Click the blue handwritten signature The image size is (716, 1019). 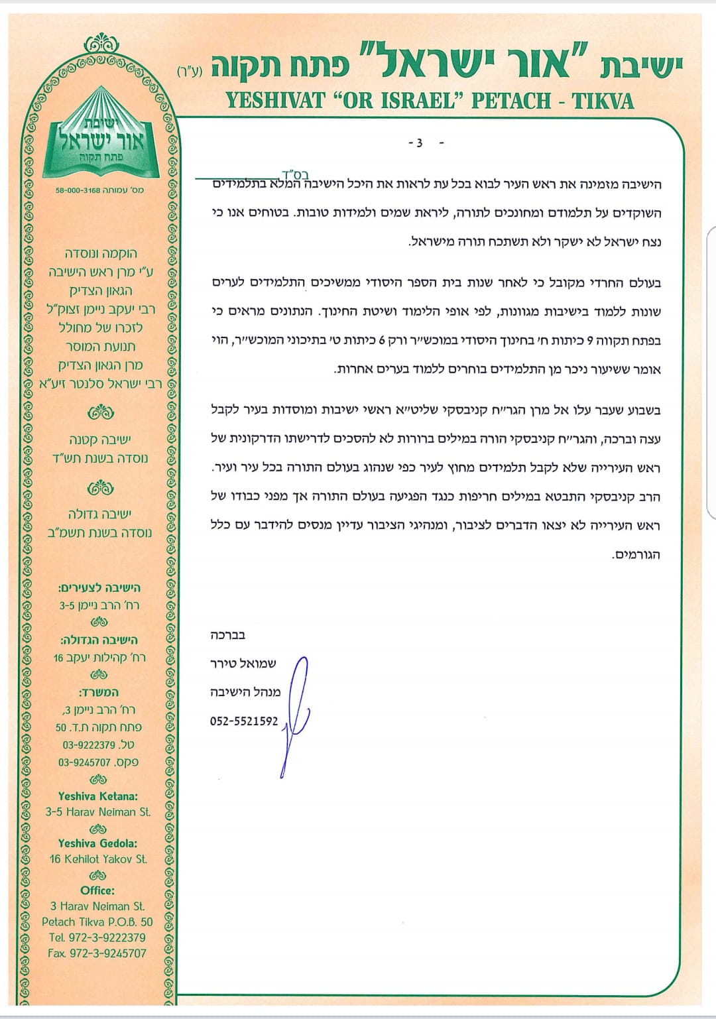click(296, 713)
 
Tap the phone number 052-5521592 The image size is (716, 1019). click(244, 721)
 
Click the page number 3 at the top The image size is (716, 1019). click(418, 143)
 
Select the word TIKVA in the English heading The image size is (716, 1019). click(603, 101)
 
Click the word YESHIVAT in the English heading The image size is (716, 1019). click(275, 101)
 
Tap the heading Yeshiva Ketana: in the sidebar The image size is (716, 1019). click(98, 796)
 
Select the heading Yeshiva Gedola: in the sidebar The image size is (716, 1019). click(98, 843)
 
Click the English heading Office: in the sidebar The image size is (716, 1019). click(98, 890)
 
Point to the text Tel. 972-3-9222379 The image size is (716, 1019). click(97, 937)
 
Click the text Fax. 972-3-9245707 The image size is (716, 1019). click(97, 953)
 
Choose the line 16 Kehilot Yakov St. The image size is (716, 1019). click(98, 859)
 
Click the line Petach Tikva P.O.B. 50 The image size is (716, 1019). click(97, 922)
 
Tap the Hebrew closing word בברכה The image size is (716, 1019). click(228, 634)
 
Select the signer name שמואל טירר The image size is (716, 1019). click(243, 664)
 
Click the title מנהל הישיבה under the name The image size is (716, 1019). click(245, 692)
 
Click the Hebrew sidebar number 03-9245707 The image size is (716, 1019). click(98, 762)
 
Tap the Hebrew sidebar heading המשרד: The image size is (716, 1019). click(99, 692)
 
